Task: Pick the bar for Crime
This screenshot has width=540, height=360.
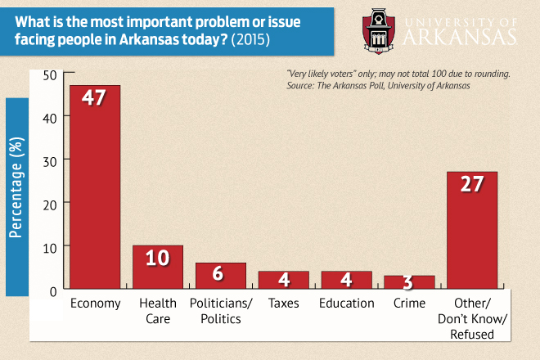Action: tap(409, 283)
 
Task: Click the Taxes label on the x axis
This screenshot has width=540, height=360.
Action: tap(283, 304)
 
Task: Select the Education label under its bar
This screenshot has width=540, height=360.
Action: tap(346, 304)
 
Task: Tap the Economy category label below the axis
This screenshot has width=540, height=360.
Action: tap(95, 304)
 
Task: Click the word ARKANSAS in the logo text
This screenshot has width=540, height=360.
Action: tap(465, 38)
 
